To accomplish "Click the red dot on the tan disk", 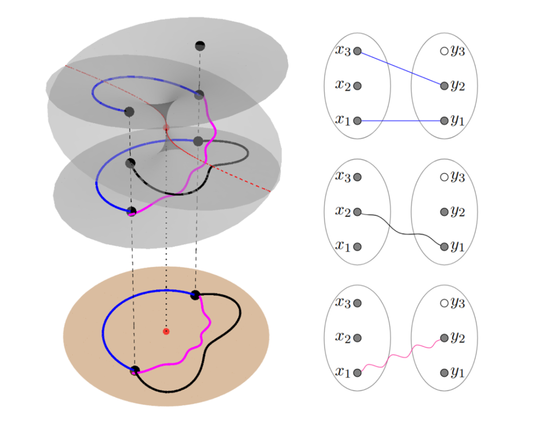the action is point(166,331).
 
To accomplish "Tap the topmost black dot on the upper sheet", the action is point(200,46).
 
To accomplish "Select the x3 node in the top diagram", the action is point(358,51).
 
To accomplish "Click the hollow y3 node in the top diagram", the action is point(444,51).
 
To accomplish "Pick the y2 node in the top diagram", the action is point(444,86).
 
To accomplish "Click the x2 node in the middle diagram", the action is point(358,212).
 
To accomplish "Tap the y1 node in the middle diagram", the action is point(444,247).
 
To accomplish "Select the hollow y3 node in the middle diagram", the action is point(444,177).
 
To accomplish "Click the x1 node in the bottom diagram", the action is point(358,373).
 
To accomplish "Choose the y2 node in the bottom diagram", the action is point(444,338).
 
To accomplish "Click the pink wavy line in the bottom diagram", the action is point(401,356).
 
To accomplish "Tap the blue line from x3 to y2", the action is point(401,68).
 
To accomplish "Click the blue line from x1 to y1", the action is point(401,121).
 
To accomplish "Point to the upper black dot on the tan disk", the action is point(195,295).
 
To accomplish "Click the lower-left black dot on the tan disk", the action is point(134,370).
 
